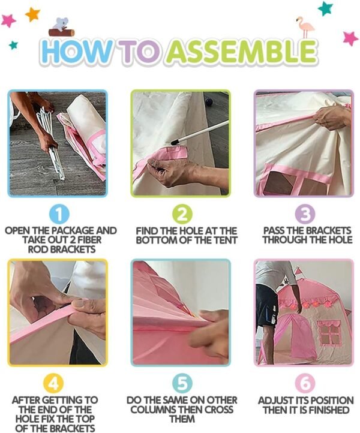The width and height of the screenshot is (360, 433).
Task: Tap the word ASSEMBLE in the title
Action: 241,52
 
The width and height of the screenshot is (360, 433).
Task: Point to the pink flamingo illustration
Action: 305,27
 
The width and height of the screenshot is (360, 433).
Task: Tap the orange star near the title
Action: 32,14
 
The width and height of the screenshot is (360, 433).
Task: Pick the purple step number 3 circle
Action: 304,215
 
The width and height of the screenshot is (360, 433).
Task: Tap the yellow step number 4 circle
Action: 53,384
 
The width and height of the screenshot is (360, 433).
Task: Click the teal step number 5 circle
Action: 182,384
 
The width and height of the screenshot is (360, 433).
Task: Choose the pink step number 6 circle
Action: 305,384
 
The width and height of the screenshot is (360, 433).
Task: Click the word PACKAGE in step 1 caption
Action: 73,230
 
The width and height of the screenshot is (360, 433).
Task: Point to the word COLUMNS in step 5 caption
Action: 152,410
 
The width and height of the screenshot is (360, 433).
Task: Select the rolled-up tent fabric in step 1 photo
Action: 84,133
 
